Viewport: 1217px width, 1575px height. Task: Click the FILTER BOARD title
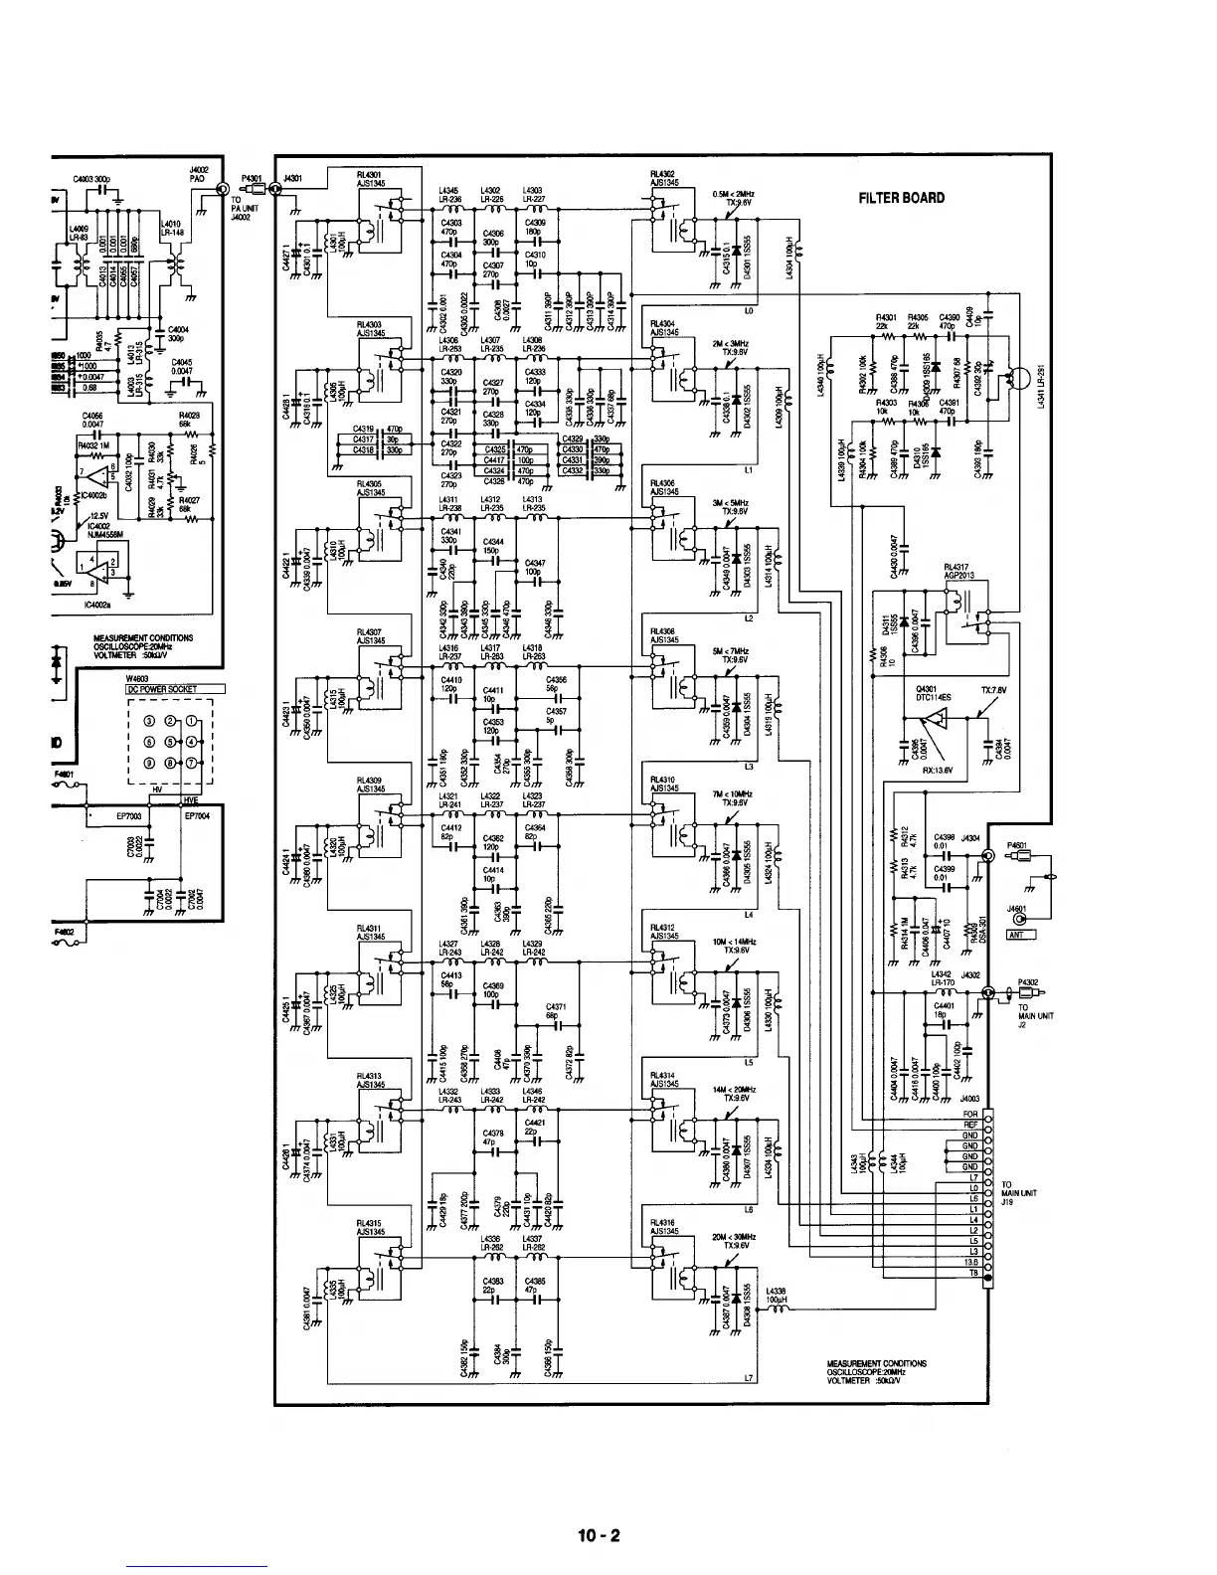point(902,197)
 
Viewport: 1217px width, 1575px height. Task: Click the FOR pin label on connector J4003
point(970,1114)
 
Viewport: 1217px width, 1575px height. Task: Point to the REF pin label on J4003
point(970,1125)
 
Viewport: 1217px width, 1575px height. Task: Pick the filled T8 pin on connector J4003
point(987,1273)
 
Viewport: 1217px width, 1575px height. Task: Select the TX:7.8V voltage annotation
point(994,690)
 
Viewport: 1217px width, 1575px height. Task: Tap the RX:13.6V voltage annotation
point(938,767)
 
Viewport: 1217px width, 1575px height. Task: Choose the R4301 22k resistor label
point(881,322)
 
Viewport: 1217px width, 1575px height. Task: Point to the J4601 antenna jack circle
point(1016,920)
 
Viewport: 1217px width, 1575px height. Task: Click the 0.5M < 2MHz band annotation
point(734,195)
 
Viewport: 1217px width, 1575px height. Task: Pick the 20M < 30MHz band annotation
point(734,1237)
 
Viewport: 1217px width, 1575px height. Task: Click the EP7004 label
point(199,816)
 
